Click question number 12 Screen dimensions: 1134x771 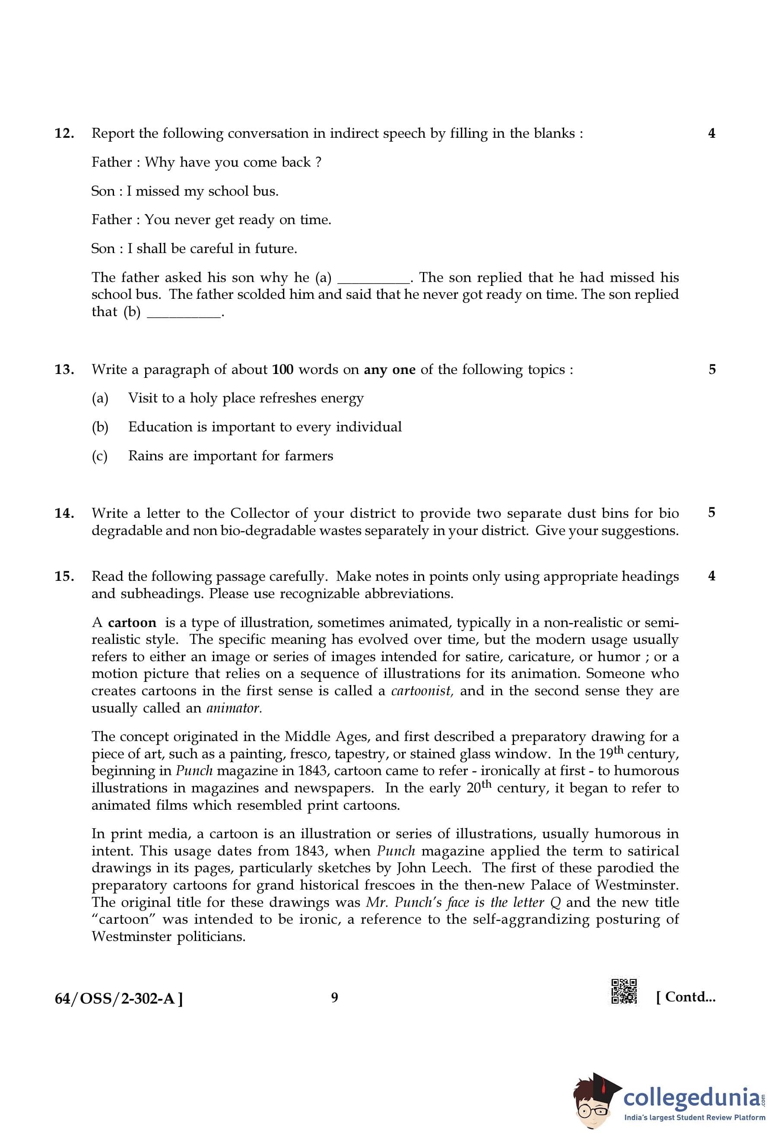tap(64, 133)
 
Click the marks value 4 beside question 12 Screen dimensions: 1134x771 tap(711, 133)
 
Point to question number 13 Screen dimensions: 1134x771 tap(64, 369)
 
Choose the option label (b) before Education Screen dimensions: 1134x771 tap(100, 427)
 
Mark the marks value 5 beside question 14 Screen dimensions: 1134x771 tap(711, 512)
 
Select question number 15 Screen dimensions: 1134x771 tap(64, 576)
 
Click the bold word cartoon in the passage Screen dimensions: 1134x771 tap(132, 623)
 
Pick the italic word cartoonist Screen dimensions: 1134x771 tap(422, 691)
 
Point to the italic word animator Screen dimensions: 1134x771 tap(234, 708)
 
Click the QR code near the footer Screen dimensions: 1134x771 tap(624, 991)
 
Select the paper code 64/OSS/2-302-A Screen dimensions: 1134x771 tap(119, 999)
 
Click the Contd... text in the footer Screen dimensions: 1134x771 tap(685, 997)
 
